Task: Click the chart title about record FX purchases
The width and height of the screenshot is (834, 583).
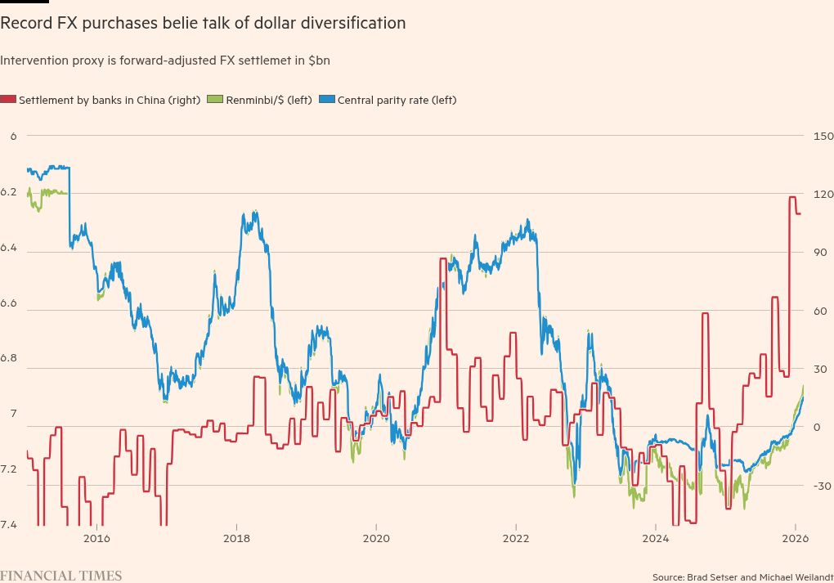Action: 203,24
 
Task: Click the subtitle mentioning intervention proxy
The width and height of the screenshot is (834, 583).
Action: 165,61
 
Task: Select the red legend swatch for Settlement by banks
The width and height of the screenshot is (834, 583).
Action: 8,100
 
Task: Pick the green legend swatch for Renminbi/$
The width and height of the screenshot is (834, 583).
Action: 215,100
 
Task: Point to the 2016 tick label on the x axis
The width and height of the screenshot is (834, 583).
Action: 96,538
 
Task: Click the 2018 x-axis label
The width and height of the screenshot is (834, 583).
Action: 236,538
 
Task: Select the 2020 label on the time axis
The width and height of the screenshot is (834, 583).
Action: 376,538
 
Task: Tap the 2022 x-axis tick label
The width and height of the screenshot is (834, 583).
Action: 516,538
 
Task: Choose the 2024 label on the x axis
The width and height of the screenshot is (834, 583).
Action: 656,538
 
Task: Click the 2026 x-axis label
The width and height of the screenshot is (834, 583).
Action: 796,538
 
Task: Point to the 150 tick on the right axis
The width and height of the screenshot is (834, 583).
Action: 821,136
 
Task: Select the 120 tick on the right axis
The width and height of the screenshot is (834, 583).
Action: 821,194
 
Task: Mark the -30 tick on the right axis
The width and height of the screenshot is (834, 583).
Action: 821,486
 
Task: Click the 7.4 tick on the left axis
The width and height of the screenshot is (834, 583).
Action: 8,524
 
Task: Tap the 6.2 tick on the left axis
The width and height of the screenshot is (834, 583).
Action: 8,192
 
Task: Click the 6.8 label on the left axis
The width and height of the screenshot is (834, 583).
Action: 8,368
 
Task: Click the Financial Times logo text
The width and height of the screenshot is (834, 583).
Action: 61,576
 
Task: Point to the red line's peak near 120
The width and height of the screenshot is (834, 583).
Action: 792,197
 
